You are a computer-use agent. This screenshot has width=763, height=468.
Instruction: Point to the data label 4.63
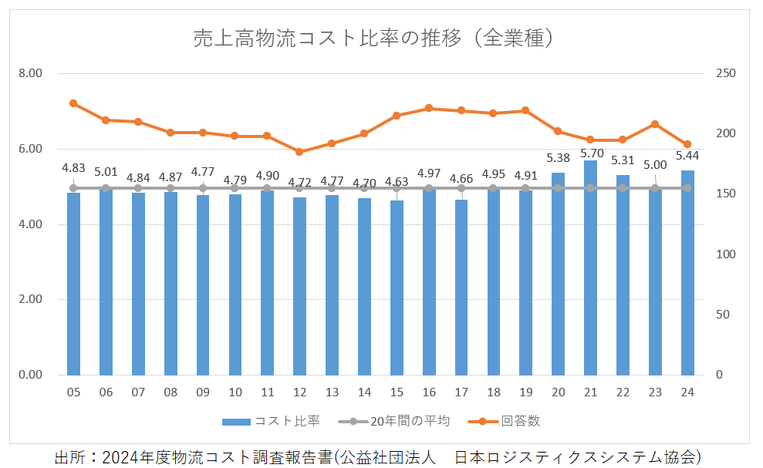pyautogui.click(x=397, y=183)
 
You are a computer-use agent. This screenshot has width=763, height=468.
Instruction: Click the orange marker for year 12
pyautogui.click(x=299, y=152)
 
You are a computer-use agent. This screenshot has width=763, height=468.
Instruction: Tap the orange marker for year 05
pyautogui.click(x=73, y=103)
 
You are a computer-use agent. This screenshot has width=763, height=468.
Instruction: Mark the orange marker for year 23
pyautogui.click(x=655, y=124)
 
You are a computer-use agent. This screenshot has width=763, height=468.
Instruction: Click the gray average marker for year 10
pyautogui.click(x=235, y=188)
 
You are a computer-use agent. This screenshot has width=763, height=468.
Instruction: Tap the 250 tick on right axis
pyautogui.click(x=725, y=73)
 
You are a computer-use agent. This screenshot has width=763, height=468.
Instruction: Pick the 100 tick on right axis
pyautogui.click(x=725, y=254)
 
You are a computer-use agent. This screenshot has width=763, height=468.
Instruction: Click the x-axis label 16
pyautogui.click(x=428, y=392)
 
